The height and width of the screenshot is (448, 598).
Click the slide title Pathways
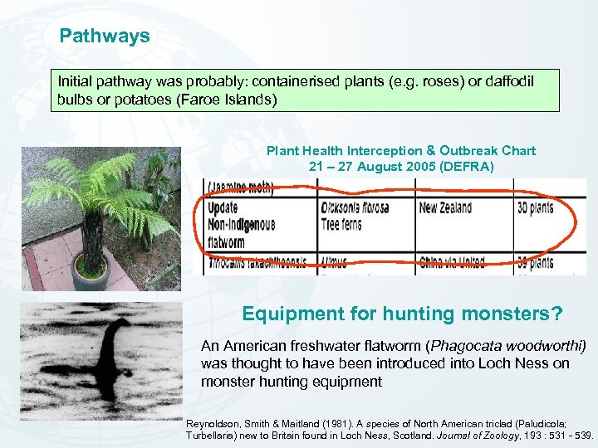[x=105, y=37]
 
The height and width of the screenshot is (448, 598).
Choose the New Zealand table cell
[x=445, y=207]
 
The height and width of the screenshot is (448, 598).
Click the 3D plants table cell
[x=536, y=207]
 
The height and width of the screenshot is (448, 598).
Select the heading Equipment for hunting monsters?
[x=402, y=314]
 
